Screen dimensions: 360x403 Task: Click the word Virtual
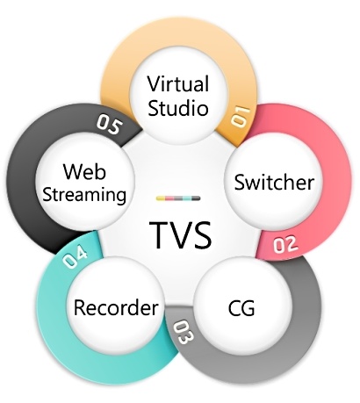click(x=178, y=83)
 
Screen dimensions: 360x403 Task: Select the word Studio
click(x=178, y=107)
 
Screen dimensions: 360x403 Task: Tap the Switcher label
click(x=274, y=182)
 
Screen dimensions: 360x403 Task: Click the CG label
click(x=241, y=308)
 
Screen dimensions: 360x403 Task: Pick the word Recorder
click(x=116, y=307)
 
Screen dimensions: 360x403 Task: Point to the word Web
click(x=84, y=171)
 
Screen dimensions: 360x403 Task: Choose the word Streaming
click(x=84, y=194)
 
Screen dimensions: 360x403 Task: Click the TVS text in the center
click(x=180, y=235)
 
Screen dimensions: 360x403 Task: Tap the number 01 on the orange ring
click(x=241, y=117)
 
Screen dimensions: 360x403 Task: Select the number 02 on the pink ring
click(x=285, y=244)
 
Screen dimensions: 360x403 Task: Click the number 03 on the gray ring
click(x=184, y=333)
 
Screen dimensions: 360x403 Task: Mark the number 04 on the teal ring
click(x=76, y=256)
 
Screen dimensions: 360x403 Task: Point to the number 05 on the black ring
click(x=109, y=125)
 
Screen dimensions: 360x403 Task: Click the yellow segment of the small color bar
click(x=161, y=198)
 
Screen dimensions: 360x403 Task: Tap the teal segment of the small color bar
click(x=187, y=198)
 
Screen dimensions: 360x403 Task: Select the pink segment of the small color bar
click(x=169, y=198)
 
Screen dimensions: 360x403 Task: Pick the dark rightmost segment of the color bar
click(x=196, y=198)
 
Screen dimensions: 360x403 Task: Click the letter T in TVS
click(x=159, y=235)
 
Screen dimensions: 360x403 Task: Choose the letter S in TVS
click(x=203, y=235)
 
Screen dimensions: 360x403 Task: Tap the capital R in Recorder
click(x=80, y=307)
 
